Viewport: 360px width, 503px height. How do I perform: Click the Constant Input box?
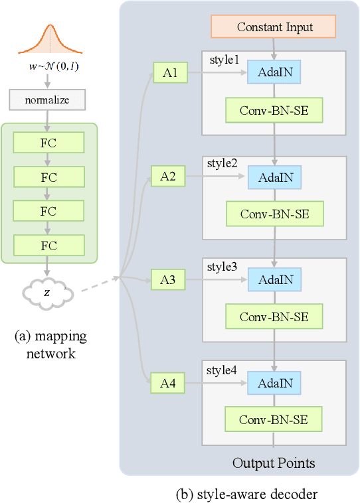point(274,27)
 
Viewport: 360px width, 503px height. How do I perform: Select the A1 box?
point(170,73)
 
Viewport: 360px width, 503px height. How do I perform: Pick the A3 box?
point(167,279)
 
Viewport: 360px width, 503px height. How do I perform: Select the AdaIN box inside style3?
point(274,280)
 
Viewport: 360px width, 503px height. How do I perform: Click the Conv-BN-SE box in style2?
point(274,214)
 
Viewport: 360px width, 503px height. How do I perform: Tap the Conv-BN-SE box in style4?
point(274,419)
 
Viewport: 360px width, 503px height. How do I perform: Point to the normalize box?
point(48,100)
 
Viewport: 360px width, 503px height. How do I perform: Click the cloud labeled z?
point(46,292)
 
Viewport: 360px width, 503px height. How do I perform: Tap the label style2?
point(222,163)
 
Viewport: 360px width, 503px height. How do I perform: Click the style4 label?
point(222,369)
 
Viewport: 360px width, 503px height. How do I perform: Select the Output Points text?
point(274,463)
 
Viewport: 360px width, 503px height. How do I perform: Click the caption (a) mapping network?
point(50,344)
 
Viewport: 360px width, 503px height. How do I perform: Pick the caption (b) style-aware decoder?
point(246,494)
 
